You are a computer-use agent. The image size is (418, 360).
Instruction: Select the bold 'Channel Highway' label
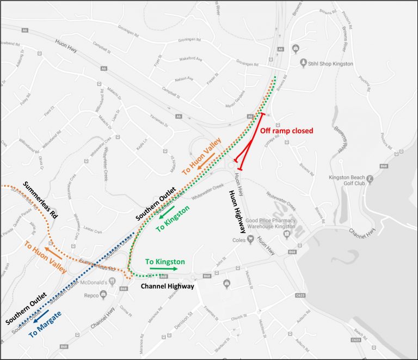168,286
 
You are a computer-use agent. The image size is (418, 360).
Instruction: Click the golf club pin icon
370,178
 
